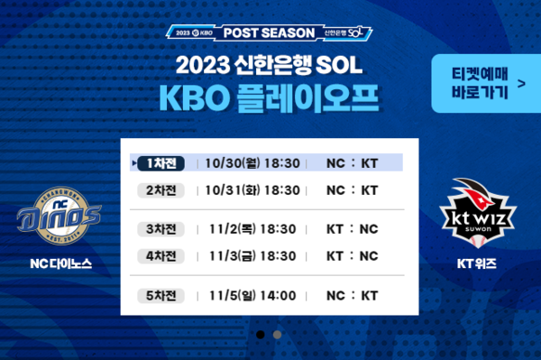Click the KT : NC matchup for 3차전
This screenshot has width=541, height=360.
coord(353,229)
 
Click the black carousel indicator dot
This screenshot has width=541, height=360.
coord(261,334)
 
